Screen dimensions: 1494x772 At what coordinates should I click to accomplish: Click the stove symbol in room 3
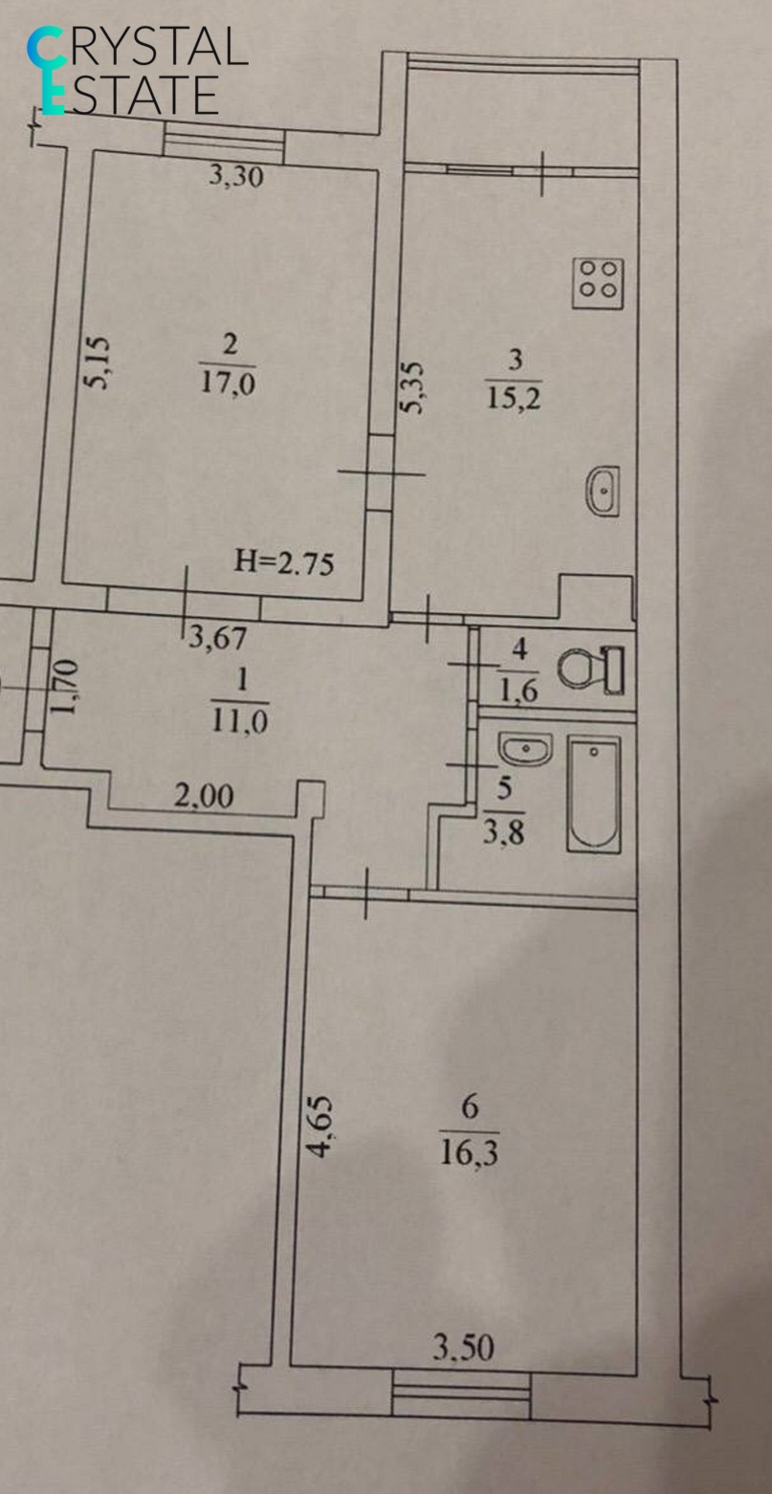pyautogui.click(x=599, y=282)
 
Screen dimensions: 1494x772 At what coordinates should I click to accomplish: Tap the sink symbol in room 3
pyautogui.click(x=603, y=491)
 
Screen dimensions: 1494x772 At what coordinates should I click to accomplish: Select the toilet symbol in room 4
pyautogui.click(x=591, y=669)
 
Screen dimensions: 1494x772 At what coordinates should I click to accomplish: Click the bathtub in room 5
pyautogui.click(x=593, y=793)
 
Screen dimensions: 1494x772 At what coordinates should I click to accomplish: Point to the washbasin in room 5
pyautogui.click(x=525, y=749)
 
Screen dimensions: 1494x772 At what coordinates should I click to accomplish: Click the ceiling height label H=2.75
pyautogui.click(x=284, y=563)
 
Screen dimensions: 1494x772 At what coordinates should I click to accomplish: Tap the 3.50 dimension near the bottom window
pyautogui.click(x=463, y=1350)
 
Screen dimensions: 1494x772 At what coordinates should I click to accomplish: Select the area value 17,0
pyautogui.click(x=229, y=383)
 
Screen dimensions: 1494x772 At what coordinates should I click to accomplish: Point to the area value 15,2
pyautogui.click(x=515, y=397)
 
